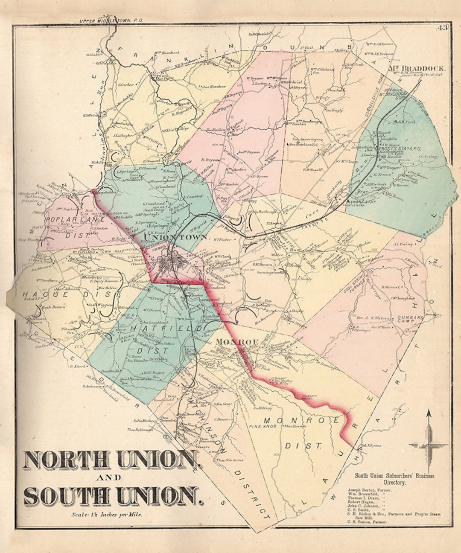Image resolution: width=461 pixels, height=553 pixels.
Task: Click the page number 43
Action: [x=442, y=29]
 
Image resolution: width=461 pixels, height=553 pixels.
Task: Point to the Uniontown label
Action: [x=175, y=237]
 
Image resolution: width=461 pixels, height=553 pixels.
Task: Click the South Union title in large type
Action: [x=113, y=496]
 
